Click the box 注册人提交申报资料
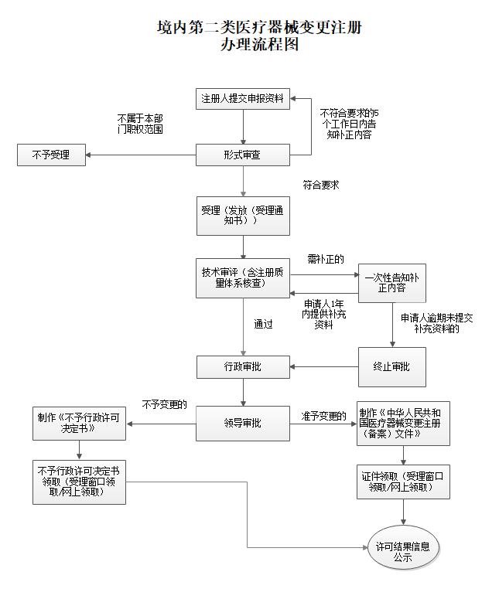coord(243,99)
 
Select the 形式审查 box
coord(243,155)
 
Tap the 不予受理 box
coord(51,155)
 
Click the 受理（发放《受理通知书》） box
coord(243,215)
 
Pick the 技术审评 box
coord(243,277)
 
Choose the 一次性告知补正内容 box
coord(392,282)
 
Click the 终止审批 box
coord(392,366)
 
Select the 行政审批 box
coord(243,366)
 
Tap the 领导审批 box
coord(243,424)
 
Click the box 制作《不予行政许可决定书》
coord(78,422)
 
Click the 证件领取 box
coord(402,482)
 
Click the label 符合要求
coord(321,186)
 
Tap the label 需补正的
coord(325,258)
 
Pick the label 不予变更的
coord(164,403)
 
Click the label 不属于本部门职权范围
coord(140,124)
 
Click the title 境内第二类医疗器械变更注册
coord(259,29)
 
